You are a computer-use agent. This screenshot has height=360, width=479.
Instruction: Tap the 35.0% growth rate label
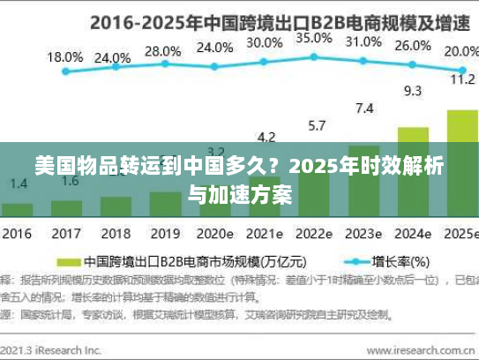314,39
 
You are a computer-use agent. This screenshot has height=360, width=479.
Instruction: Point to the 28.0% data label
161,51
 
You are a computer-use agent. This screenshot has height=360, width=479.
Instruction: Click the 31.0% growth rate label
363,41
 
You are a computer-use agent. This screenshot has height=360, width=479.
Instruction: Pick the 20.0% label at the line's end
460,51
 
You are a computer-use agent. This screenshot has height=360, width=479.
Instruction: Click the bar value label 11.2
462,79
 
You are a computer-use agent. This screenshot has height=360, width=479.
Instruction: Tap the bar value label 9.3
412,90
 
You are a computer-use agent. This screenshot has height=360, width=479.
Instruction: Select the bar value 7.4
363,109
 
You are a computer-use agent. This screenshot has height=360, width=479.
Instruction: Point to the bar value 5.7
316,125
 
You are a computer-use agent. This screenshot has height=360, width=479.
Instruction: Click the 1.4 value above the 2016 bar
19,184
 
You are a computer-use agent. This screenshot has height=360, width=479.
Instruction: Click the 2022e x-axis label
314,235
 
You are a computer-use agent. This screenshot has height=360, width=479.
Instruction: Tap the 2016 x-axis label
17,235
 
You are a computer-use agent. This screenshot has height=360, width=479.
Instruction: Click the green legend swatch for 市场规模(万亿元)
68,262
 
